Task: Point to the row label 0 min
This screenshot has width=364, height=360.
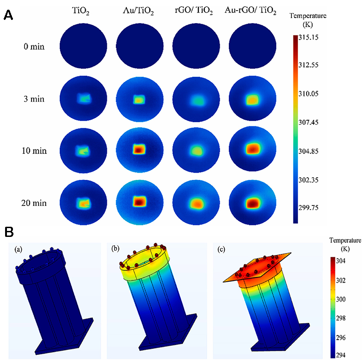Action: tap(35, 47)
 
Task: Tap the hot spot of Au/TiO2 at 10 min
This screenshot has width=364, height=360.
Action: tap(139, 150)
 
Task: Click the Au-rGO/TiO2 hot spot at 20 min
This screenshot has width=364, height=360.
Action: tap(252, 202)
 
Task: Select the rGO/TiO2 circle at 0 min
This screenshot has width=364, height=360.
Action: tap(197, 47)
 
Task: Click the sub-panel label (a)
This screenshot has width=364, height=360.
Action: tap(18, 249)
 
